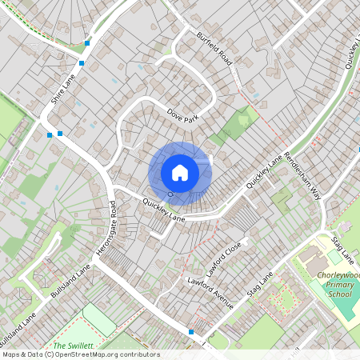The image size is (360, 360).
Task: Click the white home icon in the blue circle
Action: [x=180, y=172]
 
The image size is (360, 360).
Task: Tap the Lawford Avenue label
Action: [x=210, y=293]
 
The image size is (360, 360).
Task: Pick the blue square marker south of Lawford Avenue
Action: [x=191, y=331]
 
